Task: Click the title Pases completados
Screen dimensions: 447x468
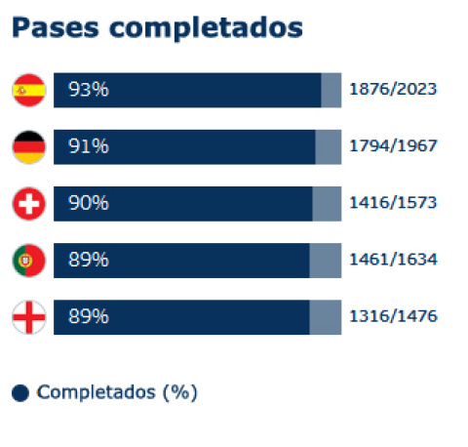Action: [157, 27]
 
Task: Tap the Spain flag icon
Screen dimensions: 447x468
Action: [27, 90]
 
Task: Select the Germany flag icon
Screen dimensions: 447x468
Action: [27, 146]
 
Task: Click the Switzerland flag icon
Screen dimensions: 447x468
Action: [27, 203]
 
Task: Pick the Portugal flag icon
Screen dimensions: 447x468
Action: [27, 261]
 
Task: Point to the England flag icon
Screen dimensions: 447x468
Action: [27, 317]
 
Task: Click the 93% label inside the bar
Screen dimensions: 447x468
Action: [88, 90]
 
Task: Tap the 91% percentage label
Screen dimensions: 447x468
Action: [88, 146]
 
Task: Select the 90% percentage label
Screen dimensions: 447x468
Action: [88, 203]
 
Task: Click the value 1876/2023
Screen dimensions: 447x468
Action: [393, 90]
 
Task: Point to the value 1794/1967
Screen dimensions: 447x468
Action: [393, 146]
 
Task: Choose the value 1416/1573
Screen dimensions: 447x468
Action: [393, 203]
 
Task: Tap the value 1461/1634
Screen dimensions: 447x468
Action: [393, 261]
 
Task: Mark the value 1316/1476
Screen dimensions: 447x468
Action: [393, 317]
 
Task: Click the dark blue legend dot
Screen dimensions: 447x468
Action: [19, 393]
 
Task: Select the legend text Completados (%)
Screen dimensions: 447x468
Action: [117, 392]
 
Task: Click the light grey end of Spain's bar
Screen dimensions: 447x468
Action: [331, 90]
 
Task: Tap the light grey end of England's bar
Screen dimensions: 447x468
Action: [326, 317]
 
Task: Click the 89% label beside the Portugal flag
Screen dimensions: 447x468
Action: [88, 261]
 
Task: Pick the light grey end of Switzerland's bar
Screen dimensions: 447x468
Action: [327, 203]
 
